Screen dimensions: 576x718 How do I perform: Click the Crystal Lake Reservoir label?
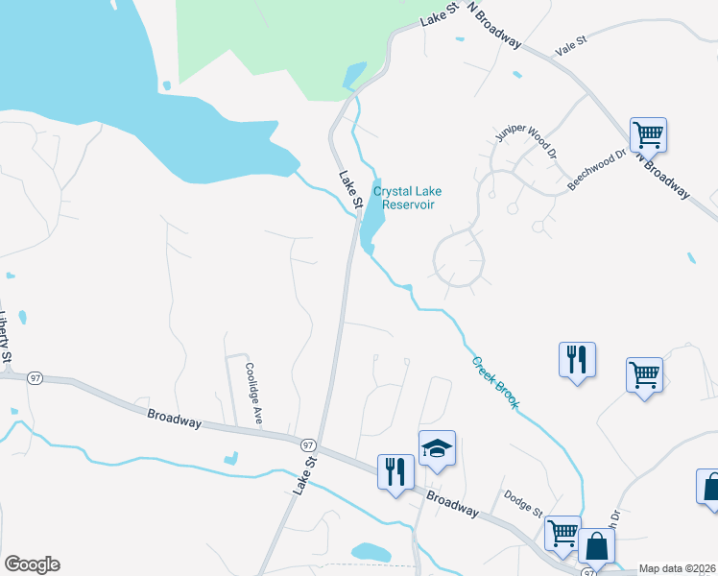(x=408, y=198)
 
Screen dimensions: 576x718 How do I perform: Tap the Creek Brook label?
(x=494, y=383)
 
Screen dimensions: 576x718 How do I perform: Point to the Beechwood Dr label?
(x=596, y=169)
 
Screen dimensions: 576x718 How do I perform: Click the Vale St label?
(x=570, y=48)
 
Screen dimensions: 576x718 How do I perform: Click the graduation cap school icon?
(x=436, y=448)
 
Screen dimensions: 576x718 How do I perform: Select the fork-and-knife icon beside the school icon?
(x=395, y=471)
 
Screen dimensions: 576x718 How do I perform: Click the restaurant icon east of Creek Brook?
(x=577, y=359)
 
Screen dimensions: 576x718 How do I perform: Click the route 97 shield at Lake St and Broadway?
(x=308, y=445)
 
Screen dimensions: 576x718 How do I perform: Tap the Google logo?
(x=32, y=564)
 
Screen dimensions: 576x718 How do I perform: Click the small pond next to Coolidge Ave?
(x=230, y=458)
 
